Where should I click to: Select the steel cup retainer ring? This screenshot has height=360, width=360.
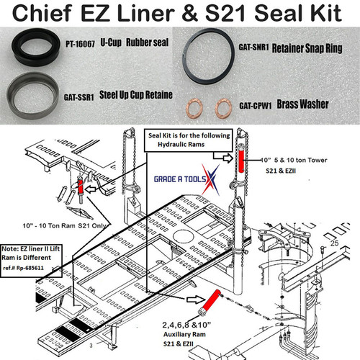(x=32, y=94)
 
